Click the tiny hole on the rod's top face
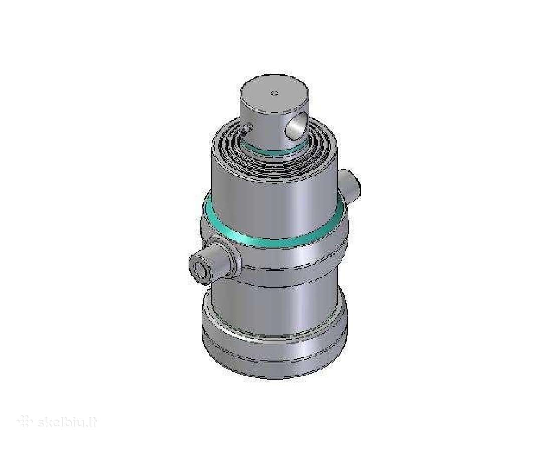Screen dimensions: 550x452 point(274,93)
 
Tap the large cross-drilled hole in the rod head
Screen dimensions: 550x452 point(295,126)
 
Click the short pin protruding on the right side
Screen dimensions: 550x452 point(349,186)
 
